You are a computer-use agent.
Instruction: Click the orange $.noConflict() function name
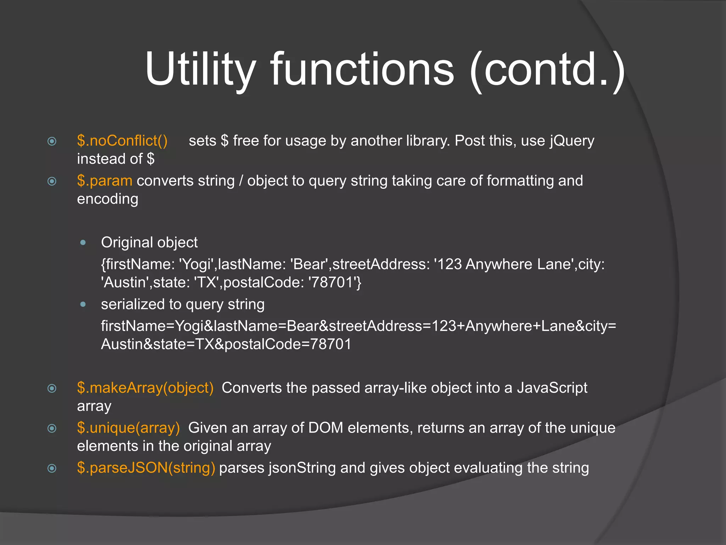click(x=122, y=141)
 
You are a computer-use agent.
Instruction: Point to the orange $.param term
click(x=105, y=181)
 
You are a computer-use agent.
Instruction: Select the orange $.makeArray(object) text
click(x=145, y=388)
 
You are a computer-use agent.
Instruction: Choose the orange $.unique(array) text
click(x=128, y=428)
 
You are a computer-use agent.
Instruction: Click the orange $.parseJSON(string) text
click(x=146, y=468)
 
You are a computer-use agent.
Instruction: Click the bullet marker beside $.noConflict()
click(x=52, y=142)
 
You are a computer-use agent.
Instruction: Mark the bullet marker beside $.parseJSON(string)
click(x=52, y=469)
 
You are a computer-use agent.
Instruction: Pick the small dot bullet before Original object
click(x=83, y=243)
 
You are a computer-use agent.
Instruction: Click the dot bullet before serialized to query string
click(x=83, y=304)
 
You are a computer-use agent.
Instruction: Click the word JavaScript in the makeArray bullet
click(x=552, y=388)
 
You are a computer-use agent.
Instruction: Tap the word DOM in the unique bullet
click(x=325, y=428)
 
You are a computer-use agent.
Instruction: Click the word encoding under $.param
click(x=108, y=199)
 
